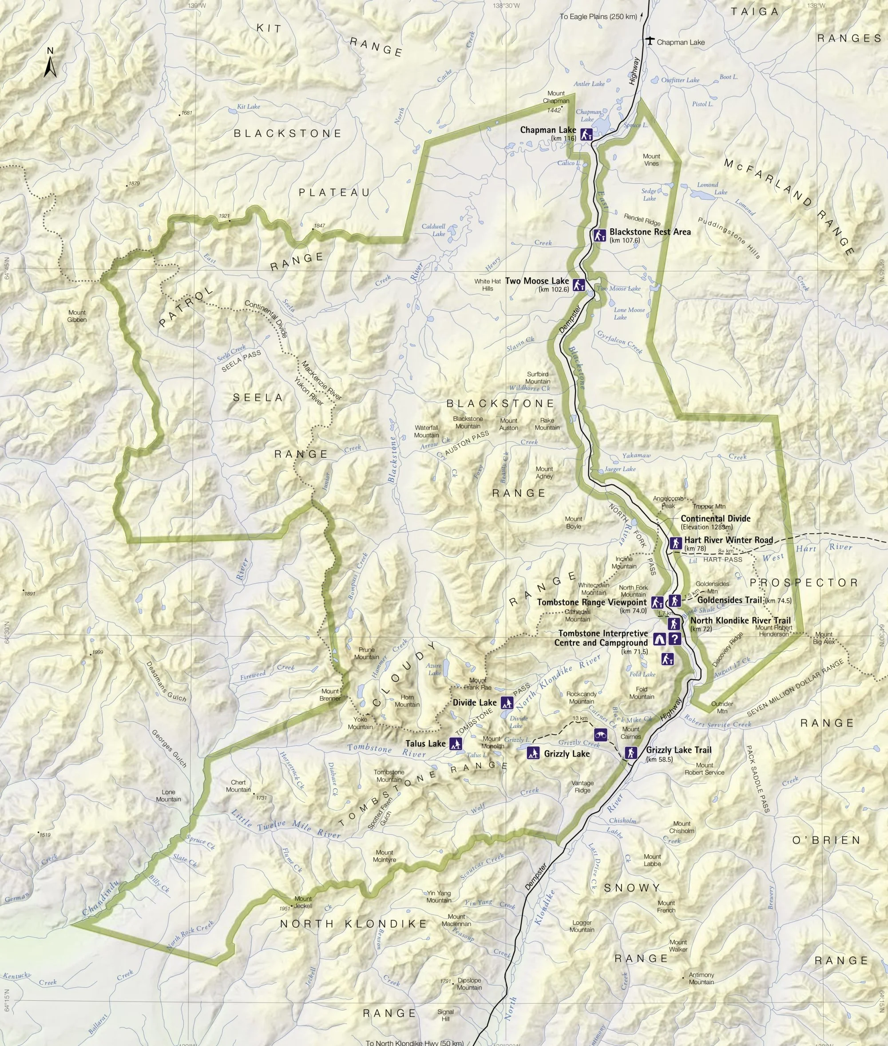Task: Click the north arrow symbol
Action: pyautogui.click(x=49, y=63)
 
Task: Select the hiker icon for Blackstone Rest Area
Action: pyautogui.click(x=599, y=235)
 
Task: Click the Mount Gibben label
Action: pyautogui.click(x=77, y=316)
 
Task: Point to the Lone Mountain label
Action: pyautogui.click(x=168, y=795)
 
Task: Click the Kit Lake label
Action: pyautogui.click(x=249, y=107)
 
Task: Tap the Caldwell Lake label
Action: pyautogui.click(x=434, y=230)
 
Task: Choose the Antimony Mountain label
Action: pyautogui.click(x=701, y=978)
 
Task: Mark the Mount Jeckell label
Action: pyautogui.click(x=303, y=902)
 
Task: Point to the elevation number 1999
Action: pyautogui.click(x=97, y=652)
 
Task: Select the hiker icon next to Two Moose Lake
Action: pyautogui.click(x=579, y=285)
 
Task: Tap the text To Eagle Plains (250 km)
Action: pyautogui.click(x=598, y=16)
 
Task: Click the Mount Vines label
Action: pyautogui.click(x=651, y=159)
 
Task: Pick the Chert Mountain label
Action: pyautogui.click(x=238, y=786)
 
